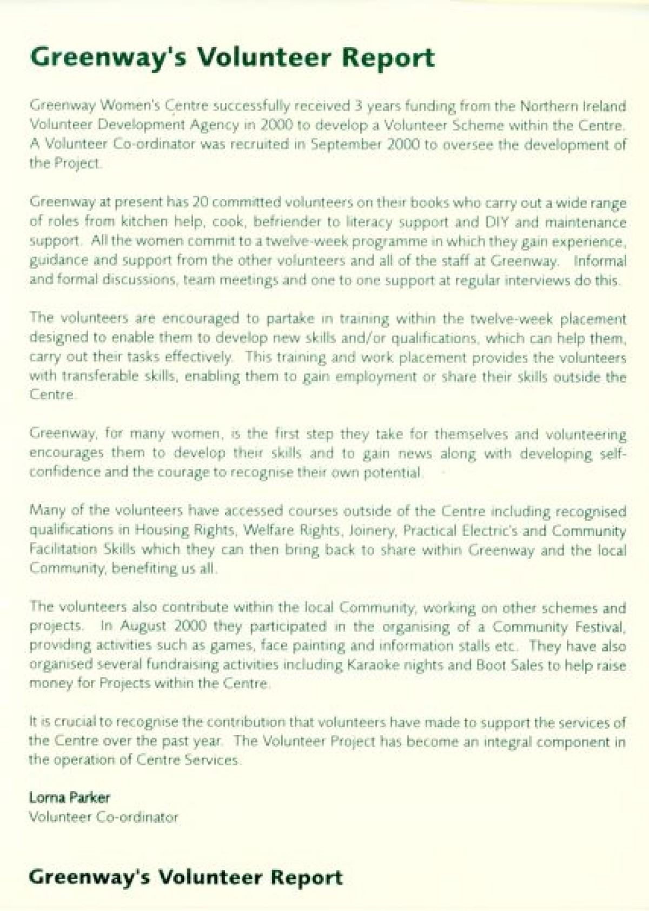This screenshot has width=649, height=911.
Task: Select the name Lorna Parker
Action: click(69, 798)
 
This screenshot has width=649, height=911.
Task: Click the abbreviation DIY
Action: click(496, 222)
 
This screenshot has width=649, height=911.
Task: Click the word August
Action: click(145, 627)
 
